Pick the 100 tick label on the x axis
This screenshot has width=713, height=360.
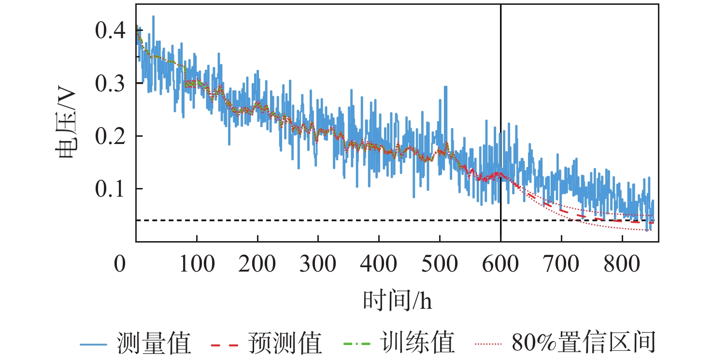(197, 264)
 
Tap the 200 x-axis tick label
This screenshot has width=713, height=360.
(257, 264)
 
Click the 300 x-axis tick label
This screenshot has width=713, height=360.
(318, 264)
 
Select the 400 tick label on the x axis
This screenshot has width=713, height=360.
(379, 264)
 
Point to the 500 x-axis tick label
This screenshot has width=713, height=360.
(440, 264)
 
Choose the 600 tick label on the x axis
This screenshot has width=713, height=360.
(500, 264)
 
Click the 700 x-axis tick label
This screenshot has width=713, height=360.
(561, 264)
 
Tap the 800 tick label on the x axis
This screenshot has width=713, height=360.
(622, 264)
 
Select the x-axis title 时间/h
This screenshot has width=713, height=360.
(397, 302)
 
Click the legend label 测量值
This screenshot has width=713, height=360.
(154, 344)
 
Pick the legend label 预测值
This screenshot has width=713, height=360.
(285, 344)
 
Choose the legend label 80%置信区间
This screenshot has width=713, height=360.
(583, 344)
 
